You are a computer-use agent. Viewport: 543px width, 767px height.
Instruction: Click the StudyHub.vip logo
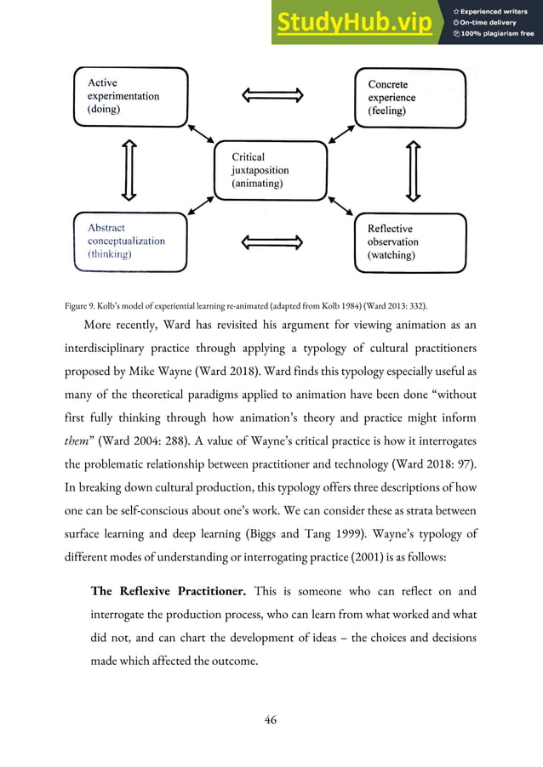pos(352,23)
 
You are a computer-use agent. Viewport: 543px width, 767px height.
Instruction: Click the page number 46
pos(271,719)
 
